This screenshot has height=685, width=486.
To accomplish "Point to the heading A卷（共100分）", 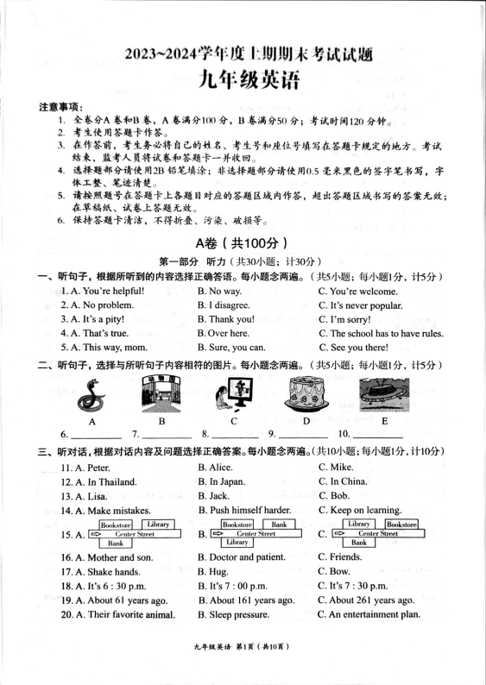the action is click(x=242, y=243).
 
